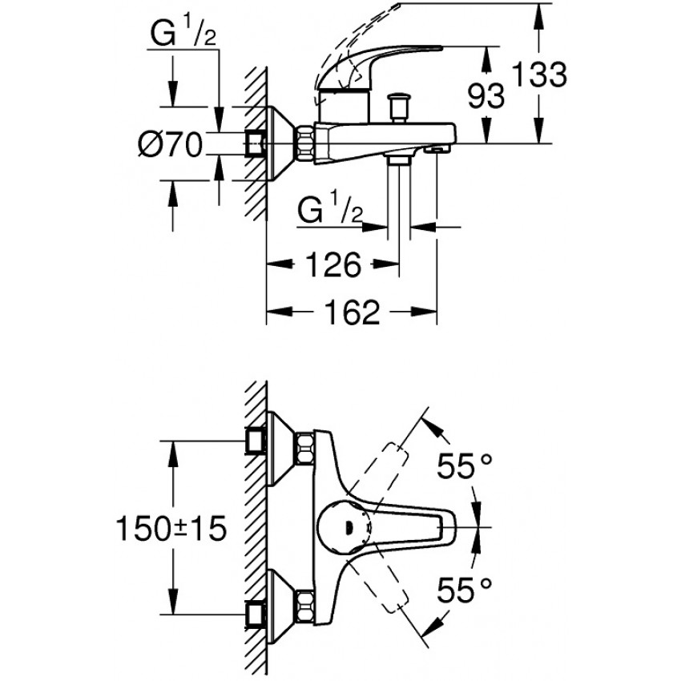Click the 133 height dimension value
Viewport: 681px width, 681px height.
pyautogui.click(x=539, y=75)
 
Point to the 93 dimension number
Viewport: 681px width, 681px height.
pyautogui.click(x=486, y=95)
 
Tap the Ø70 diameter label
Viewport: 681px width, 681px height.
pyautogui.click(x=170, y=145)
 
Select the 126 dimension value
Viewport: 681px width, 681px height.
pyautogui.click(x=333, y=264)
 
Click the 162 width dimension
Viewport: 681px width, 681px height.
pyautogui.click(x=353, y=312)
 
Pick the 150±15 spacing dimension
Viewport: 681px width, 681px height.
pyautogui.click(x=171, y=529)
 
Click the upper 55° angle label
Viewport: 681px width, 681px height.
pyautogui.click(x=464, y=465)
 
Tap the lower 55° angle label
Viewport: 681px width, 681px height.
pyautogui.click(x=464, y=590)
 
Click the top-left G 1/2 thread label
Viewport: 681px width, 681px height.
pyautogui.click(x=183, y=34)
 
